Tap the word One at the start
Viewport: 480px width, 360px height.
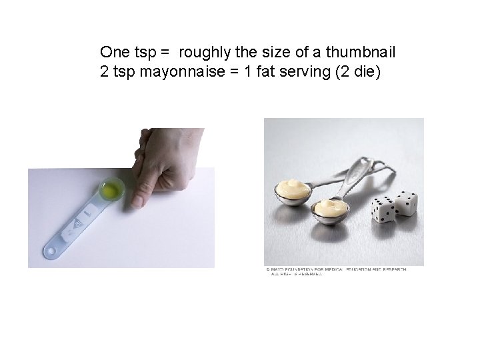(x=114, y=51)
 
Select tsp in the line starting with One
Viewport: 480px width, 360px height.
(x=146, y=51)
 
